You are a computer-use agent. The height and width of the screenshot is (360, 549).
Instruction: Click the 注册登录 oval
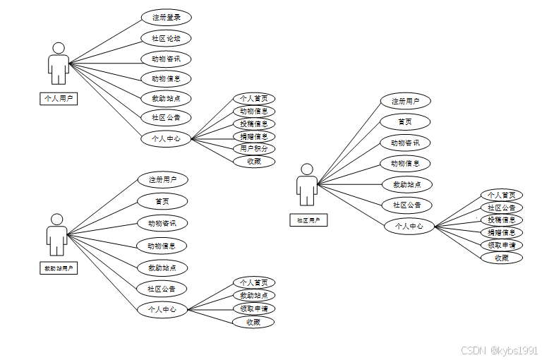coord(166,18)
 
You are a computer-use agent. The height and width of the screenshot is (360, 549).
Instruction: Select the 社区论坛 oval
coord(166,38)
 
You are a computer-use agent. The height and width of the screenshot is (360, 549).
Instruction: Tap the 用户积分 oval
coord(254,149)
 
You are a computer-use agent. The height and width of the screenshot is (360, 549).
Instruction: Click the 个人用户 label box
coord(59,99)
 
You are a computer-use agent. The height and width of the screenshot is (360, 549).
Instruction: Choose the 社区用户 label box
coord(308,220)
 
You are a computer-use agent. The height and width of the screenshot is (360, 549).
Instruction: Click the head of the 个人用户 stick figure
coord(59,48)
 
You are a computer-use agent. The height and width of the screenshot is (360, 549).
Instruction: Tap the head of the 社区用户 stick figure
coord(306,169)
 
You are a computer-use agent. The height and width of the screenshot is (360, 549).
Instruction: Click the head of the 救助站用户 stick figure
coord(57,220)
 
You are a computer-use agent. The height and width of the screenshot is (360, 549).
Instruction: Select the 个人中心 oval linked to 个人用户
coord(166,139)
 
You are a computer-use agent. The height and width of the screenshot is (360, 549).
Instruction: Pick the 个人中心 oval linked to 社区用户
coord(409,227)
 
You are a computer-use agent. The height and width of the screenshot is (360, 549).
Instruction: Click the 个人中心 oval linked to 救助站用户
coord(162,309)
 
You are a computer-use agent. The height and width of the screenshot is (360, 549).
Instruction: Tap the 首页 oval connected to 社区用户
coord(405,122)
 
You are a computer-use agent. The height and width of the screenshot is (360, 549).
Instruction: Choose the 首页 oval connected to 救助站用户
coord(162,202)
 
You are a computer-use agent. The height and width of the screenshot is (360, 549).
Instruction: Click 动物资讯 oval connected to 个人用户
coord(166,59)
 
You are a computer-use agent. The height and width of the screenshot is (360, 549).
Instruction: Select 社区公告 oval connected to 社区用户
coord(406,205)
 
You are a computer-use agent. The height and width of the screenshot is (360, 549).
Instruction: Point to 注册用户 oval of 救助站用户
coord(162,180)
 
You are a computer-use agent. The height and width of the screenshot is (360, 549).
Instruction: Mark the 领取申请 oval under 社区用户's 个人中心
coord(502,245)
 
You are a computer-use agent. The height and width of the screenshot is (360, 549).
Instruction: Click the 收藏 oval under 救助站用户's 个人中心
coord(253,322)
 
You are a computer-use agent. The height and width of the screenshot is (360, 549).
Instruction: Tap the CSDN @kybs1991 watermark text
coord(500,350)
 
